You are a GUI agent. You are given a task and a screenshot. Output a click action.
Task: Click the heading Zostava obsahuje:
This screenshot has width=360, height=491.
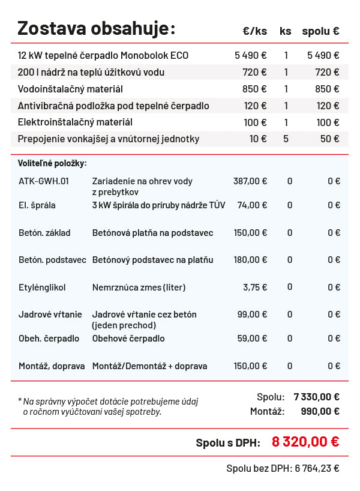(x=96, y=28)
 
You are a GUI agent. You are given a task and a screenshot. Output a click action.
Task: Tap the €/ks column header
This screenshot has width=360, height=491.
(x=255, y=31)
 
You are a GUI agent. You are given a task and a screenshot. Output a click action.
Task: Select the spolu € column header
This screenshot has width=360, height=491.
(x=320, y=31)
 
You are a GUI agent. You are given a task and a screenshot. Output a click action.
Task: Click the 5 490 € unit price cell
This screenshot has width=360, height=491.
(x=250, y=55)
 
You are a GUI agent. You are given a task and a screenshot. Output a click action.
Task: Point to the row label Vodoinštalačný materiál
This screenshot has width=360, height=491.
(x=70, y=89)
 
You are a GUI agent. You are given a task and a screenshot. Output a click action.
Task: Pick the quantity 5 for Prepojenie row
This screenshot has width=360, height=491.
(x=286, y=139)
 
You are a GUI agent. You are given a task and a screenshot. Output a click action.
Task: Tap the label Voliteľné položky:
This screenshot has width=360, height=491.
(x=52, y=163)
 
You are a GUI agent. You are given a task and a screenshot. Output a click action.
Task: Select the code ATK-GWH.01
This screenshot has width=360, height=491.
(x=44, y=181)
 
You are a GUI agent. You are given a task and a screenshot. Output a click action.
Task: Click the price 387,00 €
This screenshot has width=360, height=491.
(x=250, y=181)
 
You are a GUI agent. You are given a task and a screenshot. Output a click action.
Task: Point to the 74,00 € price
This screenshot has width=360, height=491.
(x=252, y=205)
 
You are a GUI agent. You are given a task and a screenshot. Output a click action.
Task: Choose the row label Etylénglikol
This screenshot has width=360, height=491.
(x=42, y=287)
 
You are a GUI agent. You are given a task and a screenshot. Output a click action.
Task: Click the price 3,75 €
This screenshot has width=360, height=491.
(x=255, y=287)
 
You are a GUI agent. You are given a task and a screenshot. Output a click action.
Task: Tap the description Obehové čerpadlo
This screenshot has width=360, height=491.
(x=128, y=339)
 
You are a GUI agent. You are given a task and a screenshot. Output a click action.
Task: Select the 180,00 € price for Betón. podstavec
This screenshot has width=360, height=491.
(x=250, y=260)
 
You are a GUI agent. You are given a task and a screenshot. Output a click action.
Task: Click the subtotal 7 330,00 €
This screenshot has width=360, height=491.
(x=316, y=397)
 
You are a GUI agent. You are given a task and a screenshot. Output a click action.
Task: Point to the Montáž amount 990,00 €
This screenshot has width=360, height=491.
(x=320, y=411)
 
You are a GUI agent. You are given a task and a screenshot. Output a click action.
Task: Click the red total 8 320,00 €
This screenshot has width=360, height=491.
(x=305, y=442)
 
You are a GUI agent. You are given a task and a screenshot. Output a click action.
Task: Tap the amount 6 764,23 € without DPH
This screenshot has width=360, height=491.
(x=317, y=469)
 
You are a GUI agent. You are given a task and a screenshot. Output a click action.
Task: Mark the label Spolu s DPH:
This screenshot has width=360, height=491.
(x=228, y=443)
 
